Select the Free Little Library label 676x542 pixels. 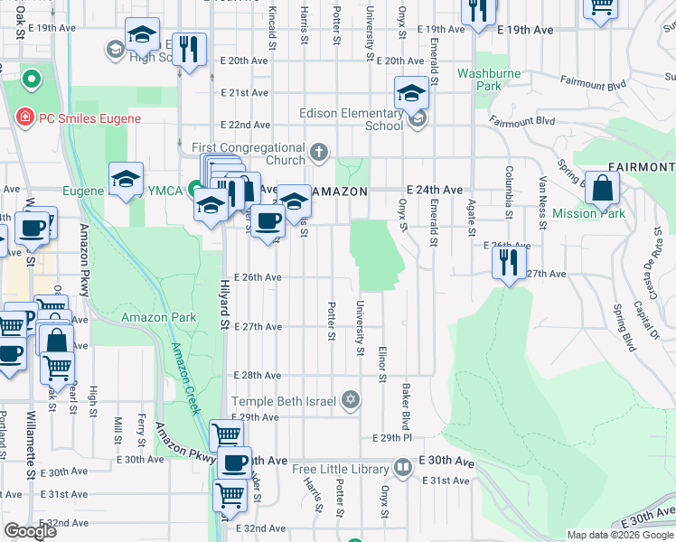coord(340,469)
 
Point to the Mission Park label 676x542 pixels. coord(588,213)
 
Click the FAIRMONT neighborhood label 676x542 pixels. coord(641,167)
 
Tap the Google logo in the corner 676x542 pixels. coord(29,531)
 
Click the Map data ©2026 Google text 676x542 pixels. coord(619,535)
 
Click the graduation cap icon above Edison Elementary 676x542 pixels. coord(411,93)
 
